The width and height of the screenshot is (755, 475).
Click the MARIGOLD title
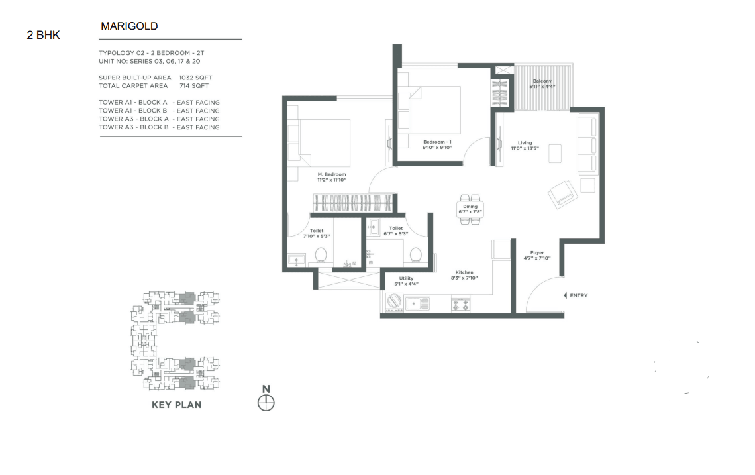click(x=129, y=26)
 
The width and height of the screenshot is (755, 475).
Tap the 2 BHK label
click(x=43, y=35)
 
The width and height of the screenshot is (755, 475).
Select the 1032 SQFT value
click(x=195, y=78)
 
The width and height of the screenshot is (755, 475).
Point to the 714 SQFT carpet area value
click(x=194, y=85)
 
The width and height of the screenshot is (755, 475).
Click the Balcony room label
click(x=542, y=81)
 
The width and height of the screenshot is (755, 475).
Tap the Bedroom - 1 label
click(x=437, y=142)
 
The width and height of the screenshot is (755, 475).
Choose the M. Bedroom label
click(x=332, y=174)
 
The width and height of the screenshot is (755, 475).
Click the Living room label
click(x=525, y=142)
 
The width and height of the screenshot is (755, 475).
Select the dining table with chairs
click(x=470, y=209)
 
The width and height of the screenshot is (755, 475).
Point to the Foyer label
click(x=537, y=252)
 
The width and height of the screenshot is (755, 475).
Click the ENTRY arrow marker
click(x=566, y=295)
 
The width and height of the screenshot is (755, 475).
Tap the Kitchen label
click(x=464, y=272)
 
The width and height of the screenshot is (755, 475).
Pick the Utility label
click(x=406, y=278)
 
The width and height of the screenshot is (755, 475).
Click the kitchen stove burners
click(x=460, y=304)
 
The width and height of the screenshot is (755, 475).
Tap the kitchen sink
click(x=417, y=304)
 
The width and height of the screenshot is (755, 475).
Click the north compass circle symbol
click(x=266, y=403)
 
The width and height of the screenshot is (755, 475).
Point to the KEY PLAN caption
click(x=177, y=405)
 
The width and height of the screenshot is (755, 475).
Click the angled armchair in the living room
click(x=562, y=195)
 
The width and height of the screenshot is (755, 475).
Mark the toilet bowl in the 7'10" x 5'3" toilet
click(x=321, y=255)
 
